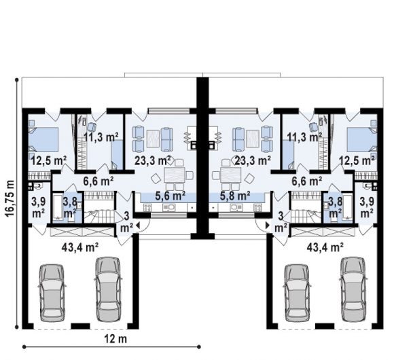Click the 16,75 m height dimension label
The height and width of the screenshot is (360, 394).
(10, 198)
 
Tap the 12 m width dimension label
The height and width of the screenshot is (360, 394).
(115, 339)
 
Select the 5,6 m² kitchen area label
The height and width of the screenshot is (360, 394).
(170, 195)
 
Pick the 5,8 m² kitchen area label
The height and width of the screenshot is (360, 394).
(234, 195)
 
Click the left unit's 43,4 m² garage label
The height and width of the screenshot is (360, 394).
(80, 247)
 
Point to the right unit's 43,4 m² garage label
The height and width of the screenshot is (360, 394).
(325, 247)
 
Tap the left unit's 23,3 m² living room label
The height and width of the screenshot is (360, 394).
(153, 160)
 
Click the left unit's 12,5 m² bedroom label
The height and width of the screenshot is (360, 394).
(49, 160)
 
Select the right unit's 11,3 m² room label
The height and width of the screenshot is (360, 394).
(305, 137)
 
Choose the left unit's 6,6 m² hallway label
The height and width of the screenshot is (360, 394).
(98, 181)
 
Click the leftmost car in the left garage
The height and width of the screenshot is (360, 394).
(52, 293)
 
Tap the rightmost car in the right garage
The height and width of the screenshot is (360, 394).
(353, 289)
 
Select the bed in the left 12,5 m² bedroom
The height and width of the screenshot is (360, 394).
(43, 140)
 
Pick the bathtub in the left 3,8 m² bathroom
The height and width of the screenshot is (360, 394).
(58, 206)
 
